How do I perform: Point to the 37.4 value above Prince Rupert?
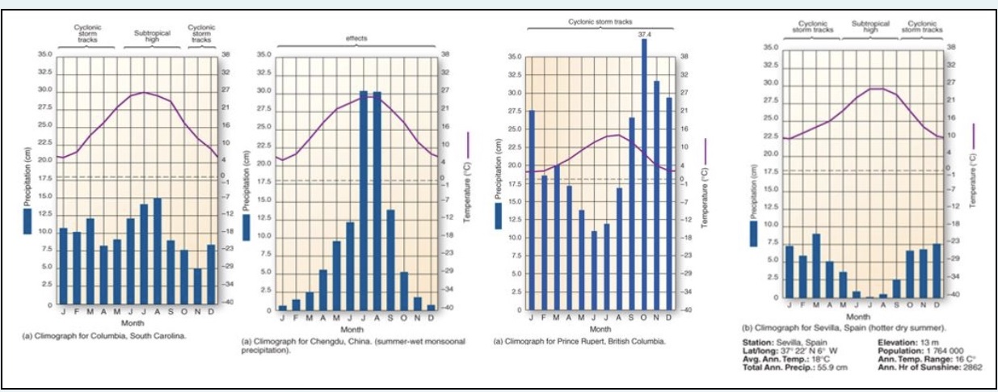pos(644,35)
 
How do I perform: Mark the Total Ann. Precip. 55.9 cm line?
pos(795,368)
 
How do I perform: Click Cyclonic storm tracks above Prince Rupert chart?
pos(600,21)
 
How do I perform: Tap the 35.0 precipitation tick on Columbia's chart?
pos(44,54)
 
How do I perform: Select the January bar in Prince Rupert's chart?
pos(531,209)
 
